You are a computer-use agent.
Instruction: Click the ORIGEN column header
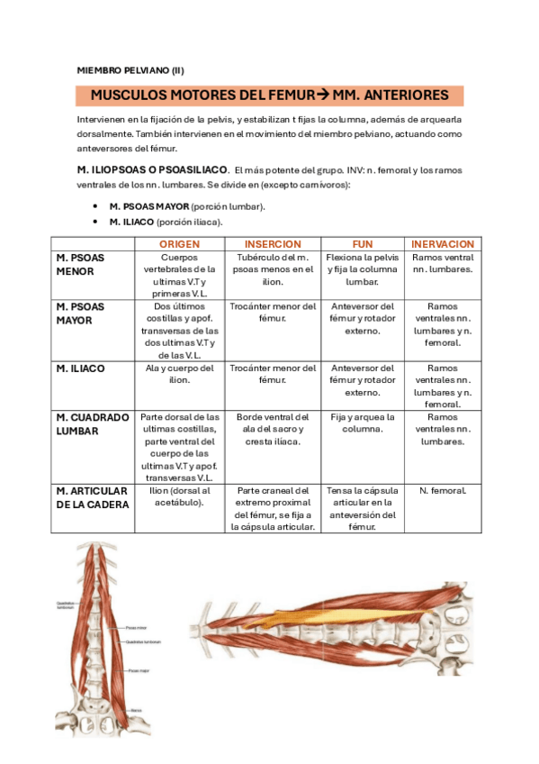(179, 244)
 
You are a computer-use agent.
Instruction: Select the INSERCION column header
(273, 244)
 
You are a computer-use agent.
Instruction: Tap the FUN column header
(363, 244)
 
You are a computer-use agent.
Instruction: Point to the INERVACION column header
(442, 244)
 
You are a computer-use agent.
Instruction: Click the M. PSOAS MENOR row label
(81, 264)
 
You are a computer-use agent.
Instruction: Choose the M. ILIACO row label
(80, 368)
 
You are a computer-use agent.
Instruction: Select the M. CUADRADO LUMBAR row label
(93, 424)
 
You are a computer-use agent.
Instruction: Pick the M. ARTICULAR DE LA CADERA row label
(93, 497)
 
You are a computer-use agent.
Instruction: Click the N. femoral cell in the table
(442, 491)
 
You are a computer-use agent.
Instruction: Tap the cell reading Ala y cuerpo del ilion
(179, 374)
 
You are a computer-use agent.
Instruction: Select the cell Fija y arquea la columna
(363, 423)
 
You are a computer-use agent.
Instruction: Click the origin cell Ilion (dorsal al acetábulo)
(179, 496)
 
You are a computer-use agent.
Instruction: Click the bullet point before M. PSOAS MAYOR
(95, 206)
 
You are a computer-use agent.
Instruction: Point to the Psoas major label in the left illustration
(138, 669)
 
